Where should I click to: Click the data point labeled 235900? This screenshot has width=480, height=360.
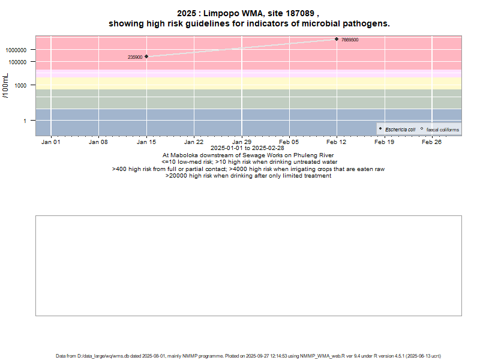tap(146, 56)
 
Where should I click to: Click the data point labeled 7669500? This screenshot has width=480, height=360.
tap(337, 39)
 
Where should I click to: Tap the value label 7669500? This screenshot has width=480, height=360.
tap(350, 40)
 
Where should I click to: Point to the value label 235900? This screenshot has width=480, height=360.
tap(135, 58)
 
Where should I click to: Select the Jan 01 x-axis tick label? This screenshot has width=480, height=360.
tap(51, 143)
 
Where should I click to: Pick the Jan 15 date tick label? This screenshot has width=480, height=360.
tap(146, 143)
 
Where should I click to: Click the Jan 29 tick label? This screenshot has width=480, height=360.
tap(242, 143)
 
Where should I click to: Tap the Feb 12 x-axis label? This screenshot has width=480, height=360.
tap(337, 143)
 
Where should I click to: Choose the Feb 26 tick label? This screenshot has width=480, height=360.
tap(432, 143)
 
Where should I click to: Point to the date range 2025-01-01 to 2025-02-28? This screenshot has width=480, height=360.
tap(247, 148)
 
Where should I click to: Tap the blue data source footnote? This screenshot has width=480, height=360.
tap(248, 356)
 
